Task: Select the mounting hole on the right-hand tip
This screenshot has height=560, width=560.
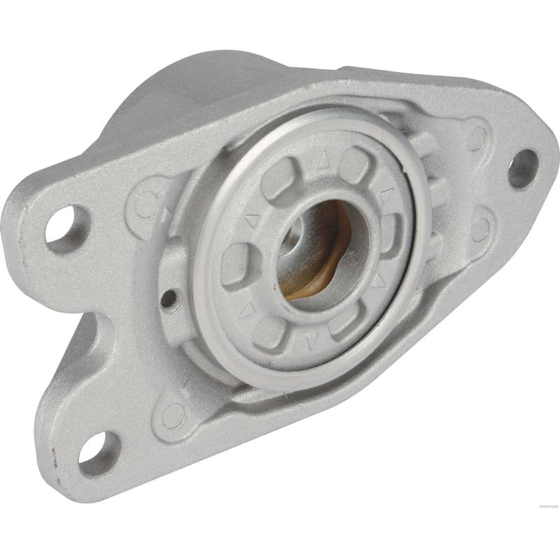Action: coord(523,169)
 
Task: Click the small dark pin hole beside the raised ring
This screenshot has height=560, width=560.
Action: coord(168,299)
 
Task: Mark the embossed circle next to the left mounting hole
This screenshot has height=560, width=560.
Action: coord(146,204)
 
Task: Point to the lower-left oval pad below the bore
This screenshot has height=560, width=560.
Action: coord(269,332)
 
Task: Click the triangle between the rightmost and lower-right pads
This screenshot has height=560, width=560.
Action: coord(379,281)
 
